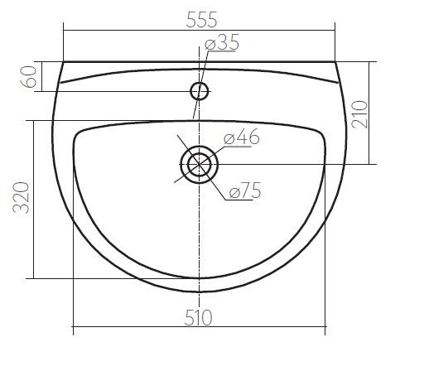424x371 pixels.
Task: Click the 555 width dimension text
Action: [x=202, y=20]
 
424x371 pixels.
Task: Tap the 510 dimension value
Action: [x=198, y=318]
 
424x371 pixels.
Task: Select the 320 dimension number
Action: [x=22, y=198]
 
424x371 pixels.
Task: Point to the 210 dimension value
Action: [x=359, y=114]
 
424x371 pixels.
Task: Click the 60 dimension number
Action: [x=29, y=77]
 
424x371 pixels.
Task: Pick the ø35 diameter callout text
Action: [x=222, y=42]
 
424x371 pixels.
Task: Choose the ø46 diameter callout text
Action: [x=242, y=137]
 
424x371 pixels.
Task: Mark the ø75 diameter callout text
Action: [x=245, y=190]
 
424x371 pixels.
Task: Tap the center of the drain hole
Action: [x=199, y=165]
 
